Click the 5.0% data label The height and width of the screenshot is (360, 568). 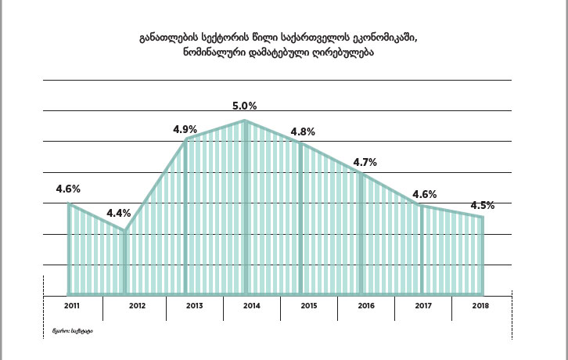click(245, 106)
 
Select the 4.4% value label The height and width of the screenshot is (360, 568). click(119, 213)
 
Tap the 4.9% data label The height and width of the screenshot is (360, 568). click(185, 129)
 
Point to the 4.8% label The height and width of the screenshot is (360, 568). click(302, 131)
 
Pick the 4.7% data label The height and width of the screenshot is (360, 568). click(365, 163)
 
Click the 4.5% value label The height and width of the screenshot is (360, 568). click(482, 206)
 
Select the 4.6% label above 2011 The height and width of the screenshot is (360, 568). click(68, 189)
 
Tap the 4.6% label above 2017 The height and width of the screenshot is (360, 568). click(424, 194)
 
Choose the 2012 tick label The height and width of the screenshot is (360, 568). click(137, 306)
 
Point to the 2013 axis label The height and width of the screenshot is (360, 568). click(195, 306)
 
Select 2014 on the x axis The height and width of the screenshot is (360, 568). click(252, 306)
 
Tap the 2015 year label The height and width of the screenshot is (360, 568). click(309, 306)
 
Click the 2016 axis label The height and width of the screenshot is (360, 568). click(366, 306)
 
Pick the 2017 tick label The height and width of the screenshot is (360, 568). click(423, 306)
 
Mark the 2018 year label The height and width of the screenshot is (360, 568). click(481, 306)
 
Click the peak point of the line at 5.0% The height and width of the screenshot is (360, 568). click(246, 121)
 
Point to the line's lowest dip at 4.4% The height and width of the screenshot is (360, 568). click(125, 231)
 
